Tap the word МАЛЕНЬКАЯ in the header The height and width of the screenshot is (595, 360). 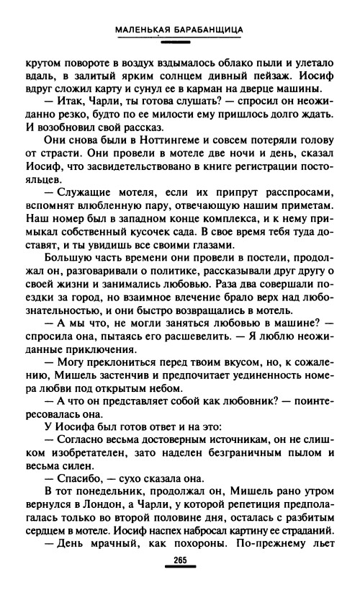pyautogui.click(x=143, y=30)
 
